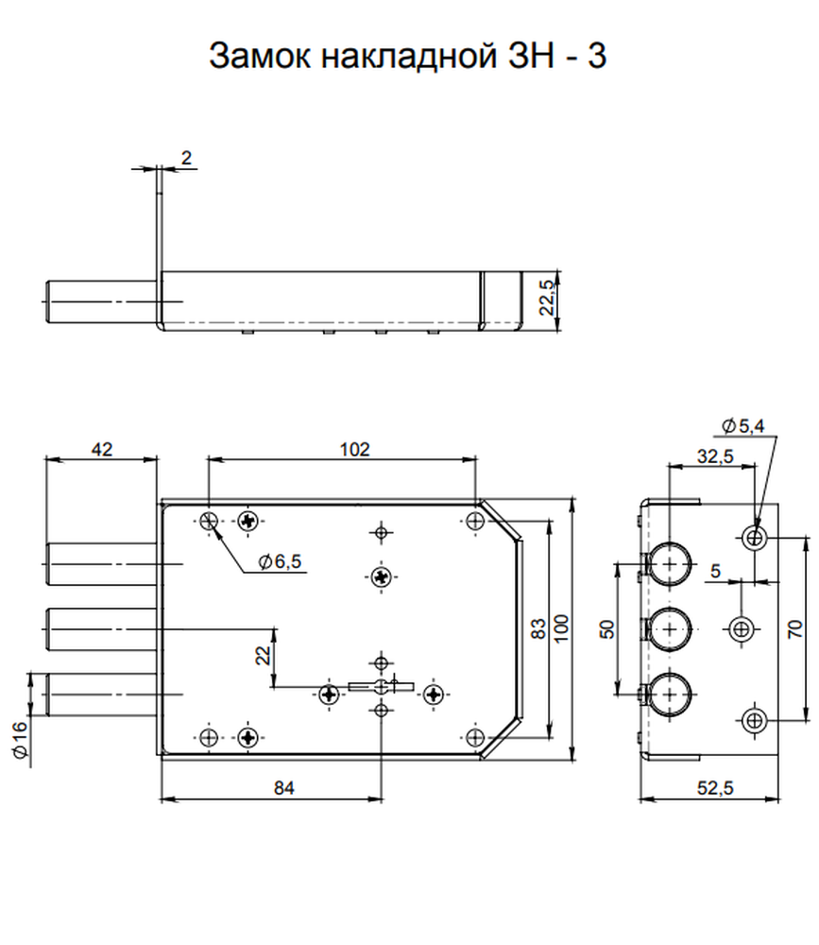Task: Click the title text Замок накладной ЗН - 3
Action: coord(407,56)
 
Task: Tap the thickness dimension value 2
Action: coord(186,158)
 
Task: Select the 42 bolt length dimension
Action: coord(101,450)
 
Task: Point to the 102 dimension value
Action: coord(355,450)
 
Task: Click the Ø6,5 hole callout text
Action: coord(280,561)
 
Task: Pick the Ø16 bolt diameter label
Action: coord(19,741)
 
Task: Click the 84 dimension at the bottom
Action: coord(283,788)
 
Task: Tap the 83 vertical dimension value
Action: coord(539,628)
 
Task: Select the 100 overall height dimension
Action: coord(560,628)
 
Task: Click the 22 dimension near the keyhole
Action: coord(264,655)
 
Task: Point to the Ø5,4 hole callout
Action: coord(743,426)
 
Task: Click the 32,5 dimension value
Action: coord(715,456)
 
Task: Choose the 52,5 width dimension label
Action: coord(715,788)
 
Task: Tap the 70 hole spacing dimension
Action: coord(795,628)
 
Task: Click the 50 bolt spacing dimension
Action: coord(607,628)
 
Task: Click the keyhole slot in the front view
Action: coord(381,686)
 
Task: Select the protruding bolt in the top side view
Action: coord(102,301)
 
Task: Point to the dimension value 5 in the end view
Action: coord(715,570)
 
